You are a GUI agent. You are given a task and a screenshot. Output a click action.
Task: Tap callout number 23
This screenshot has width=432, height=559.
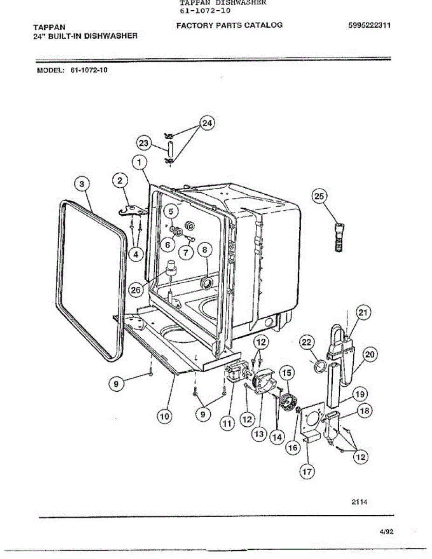(144, 143)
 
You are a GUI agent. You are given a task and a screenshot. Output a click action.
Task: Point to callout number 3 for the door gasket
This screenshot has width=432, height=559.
(82, 184)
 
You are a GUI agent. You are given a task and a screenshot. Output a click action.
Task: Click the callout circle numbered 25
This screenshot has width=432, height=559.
(319, 197)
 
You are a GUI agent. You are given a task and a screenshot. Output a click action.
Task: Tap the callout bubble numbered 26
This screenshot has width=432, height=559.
(136, 290)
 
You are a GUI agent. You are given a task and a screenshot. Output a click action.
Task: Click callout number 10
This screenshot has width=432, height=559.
(164, 416)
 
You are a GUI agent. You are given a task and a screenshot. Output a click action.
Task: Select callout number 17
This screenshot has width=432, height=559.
(307, 471)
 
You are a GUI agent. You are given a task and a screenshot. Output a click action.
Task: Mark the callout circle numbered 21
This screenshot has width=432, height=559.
(363, 313)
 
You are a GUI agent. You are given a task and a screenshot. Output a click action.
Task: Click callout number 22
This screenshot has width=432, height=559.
(306, 343)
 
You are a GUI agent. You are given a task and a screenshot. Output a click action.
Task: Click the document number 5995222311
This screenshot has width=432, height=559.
(369, 26)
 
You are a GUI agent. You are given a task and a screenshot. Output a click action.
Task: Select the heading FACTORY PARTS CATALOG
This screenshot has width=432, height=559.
(229, 25)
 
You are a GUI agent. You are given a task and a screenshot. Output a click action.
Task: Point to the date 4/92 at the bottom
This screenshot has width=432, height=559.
(387, 532)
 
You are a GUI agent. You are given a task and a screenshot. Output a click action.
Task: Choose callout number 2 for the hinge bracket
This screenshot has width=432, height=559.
(120, 180)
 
